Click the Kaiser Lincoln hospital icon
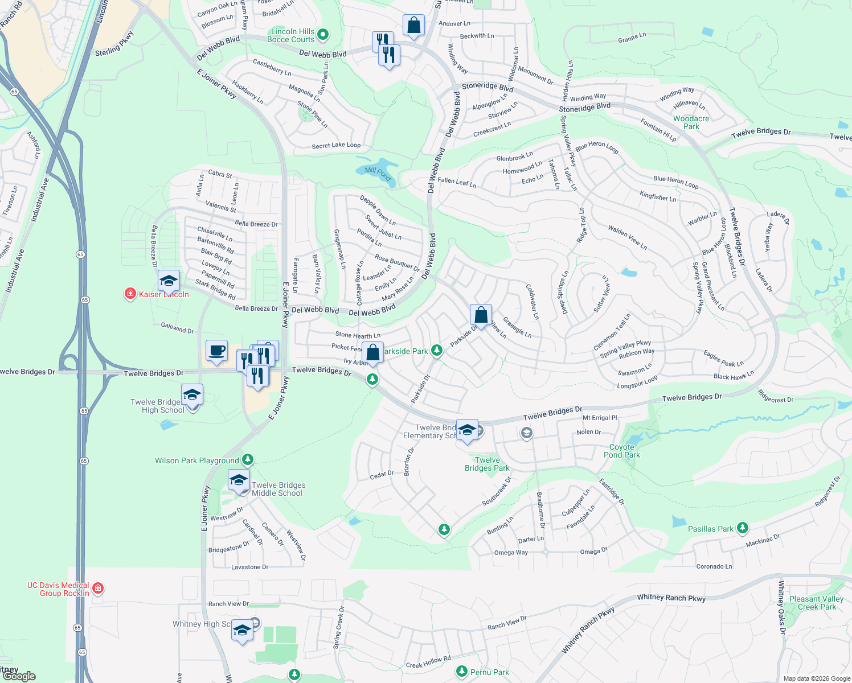[130, 294]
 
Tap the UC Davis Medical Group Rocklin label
[58, 589]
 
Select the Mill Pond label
[378, 173]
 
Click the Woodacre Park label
[691, 123]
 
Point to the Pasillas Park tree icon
[742, 528]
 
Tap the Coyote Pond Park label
[622, 451]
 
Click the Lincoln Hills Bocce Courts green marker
[323, 35]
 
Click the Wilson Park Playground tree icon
[247, 459]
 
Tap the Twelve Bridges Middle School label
[278, 489]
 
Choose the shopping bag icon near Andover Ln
[413, 26]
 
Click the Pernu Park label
[489, 672]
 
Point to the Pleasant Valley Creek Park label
[816, 603]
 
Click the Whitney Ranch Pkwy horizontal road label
[671, 598]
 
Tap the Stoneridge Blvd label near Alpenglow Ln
[488, 87]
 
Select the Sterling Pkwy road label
[114, 44]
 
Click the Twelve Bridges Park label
[487, 464]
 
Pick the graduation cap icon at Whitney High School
[242, 630]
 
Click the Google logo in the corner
[19, 676]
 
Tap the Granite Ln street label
[632, 38]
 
